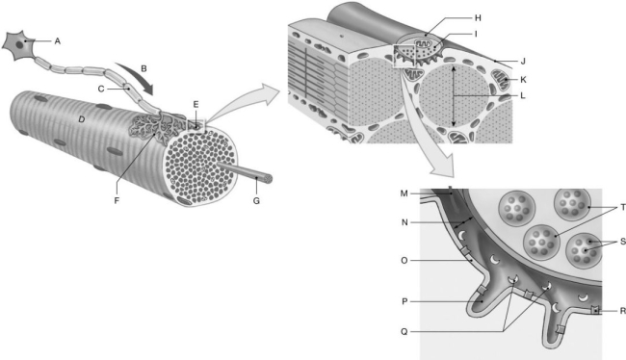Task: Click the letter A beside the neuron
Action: pos(58,40)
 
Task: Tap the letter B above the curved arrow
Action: pos(143,69)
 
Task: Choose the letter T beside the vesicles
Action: pos(620,206)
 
